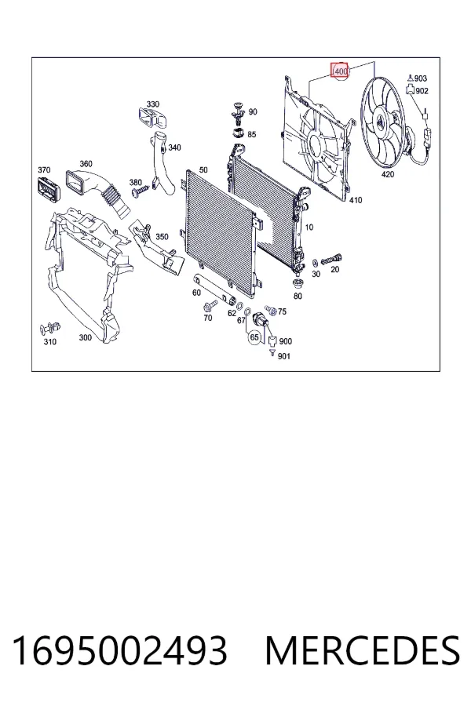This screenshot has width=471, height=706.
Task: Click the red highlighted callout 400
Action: (340, 71)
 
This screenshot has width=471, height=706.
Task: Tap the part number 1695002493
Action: (119, 651)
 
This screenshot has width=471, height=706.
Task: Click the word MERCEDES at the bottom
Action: (363, 651)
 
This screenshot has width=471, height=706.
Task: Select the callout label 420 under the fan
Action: (388, 174)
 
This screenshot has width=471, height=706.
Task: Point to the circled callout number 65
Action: (254, 337)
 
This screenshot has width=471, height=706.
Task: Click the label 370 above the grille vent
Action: (44, 169)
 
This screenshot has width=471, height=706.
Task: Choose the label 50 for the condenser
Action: (203, 169)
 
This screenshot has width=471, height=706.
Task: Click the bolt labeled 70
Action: (209, 307)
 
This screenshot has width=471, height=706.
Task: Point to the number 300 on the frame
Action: (85, 337)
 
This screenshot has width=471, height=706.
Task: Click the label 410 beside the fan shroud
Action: (356, 200)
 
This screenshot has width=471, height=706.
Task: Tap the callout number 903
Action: (421, 78)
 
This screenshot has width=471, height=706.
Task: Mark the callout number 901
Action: (284, 356)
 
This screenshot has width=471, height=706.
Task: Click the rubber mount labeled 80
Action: (298, 284)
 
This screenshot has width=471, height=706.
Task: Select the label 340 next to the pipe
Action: (174, 147)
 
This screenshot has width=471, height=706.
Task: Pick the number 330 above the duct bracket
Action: (153, 104)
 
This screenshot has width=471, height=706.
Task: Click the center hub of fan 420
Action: (381, 122)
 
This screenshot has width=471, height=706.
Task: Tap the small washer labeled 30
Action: (315, 262)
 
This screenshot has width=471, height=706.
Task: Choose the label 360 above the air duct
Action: (86, 163)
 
